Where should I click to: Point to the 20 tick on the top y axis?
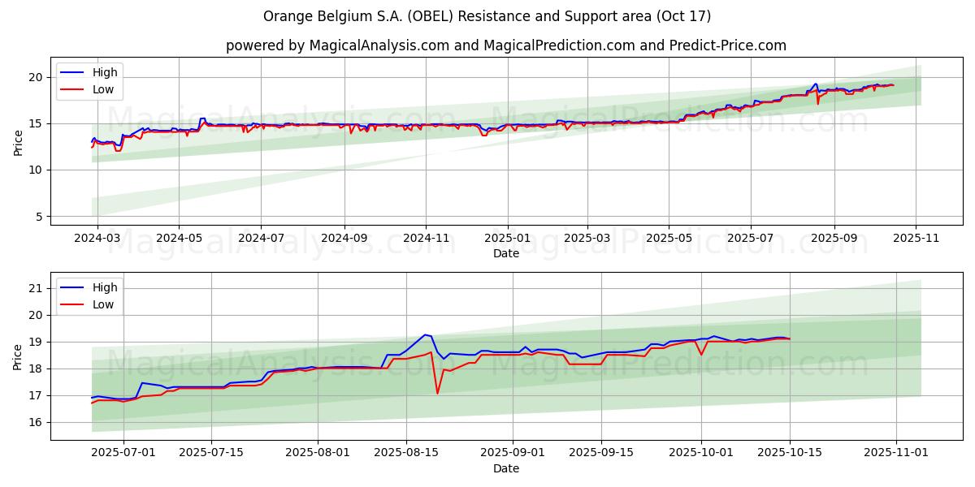[37, 77]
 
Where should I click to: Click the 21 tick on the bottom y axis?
[37, 288]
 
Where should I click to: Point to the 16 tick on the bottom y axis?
[37, 422]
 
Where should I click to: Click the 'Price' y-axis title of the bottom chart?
[18, 356]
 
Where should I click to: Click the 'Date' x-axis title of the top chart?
[505, 253]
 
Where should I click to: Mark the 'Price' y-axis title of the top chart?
[18, 142]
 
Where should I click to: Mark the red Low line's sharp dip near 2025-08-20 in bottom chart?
[437, 394]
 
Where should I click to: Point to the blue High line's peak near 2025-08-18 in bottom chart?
[424, 334]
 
